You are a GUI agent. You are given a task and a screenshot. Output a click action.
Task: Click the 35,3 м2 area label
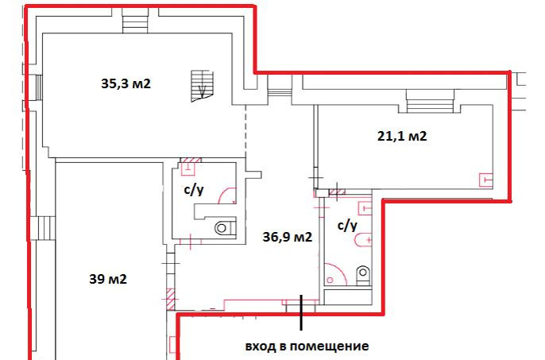coord(126,83)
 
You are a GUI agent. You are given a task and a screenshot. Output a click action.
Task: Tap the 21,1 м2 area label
coord(402,136)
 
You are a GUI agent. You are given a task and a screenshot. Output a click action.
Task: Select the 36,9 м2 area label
coord(288,237)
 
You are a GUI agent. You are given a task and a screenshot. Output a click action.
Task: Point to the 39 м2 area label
coord(108,279)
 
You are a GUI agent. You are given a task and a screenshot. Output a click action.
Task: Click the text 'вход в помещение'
coord(307,346)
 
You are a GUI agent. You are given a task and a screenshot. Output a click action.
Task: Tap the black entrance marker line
coord(301,312)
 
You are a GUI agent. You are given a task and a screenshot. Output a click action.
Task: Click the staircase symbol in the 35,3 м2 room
coord(202,87)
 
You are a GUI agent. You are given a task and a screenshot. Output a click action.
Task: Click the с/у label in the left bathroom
coord(194,190)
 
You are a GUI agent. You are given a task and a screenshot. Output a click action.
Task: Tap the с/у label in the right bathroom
coord(347,226)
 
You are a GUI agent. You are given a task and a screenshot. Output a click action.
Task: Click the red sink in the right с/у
coord(363,240)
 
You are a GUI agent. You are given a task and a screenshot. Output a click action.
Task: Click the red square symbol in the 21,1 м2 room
coord(486,180)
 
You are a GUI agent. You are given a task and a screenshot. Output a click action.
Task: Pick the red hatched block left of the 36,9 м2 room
coord(170,299)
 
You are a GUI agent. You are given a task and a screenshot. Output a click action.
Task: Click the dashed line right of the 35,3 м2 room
coord(245,131)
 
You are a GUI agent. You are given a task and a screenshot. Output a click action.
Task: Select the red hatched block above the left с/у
coord(191,161)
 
